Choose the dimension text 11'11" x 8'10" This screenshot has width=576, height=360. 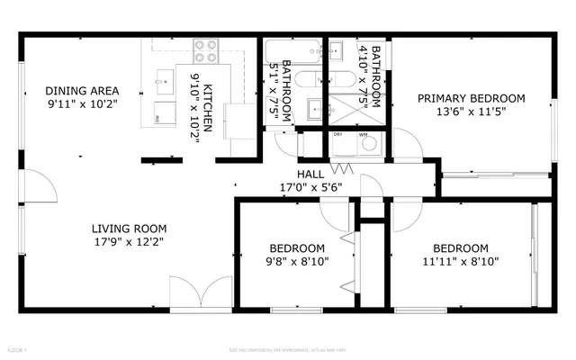(460, 262)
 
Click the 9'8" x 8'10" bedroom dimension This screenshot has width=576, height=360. (298, 262)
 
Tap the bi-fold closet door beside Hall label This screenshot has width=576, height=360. (340, 169)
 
